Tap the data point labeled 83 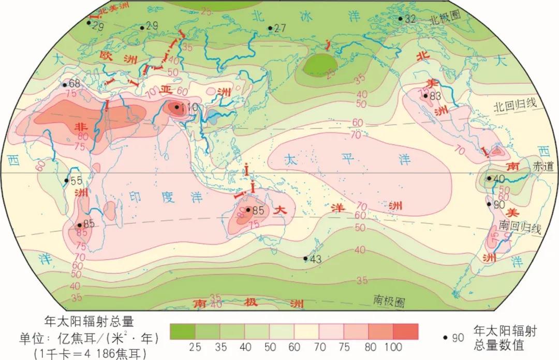[x=425, y=96]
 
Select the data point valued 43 [x=305, y=259]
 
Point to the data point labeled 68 [x=65, y=84]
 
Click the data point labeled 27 [x=270, y=28]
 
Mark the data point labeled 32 [x=400, y=19]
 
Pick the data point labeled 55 [x=66, y=181]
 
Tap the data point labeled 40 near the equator [x=489, y=178]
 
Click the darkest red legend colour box [x=405, y=331]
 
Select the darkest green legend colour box [x=182, y=331]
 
